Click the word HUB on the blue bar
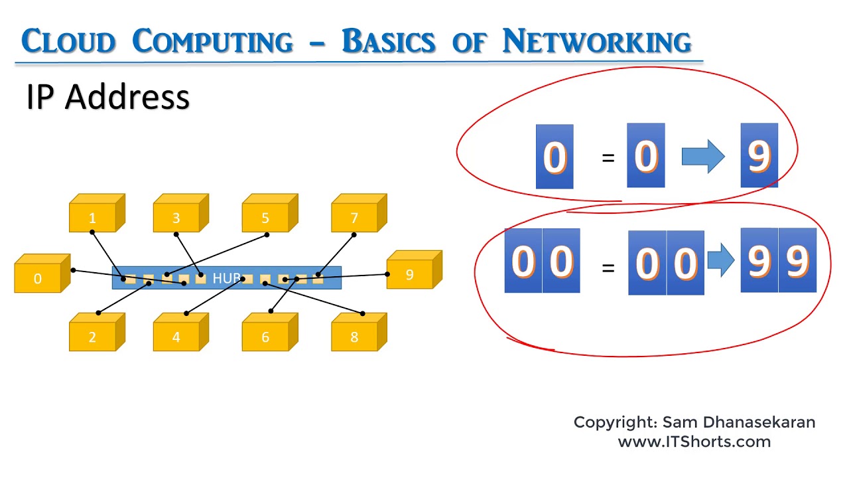(x=226, y=278)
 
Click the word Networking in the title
(x=597, y=42)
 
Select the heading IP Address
(x=108, y=98)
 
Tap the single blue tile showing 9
(x=759, y=155)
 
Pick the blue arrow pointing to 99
(x=720, y=260)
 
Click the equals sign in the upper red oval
(x=608, y=158)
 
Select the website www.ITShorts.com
(x=694, y=441)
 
